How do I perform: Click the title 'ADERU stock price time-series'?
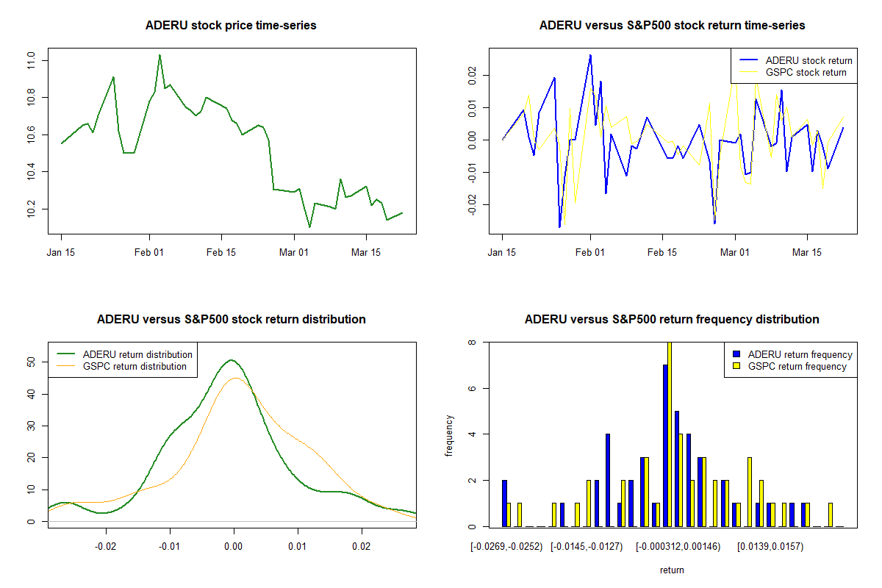click(x=231, y=26)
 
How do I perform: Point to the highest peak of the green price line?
click(x=159, y=55)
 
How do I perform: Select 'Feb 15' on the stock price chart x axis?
click(x=221, y=252)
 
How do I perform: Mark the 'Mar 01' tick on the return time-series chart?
click(x=735, y=252)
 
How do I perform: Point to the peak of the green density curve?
click(x=232, y=360)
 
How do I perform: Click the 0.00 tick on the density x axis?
click(x=234, y=546)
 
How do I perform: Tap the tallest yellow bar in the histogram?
click(x=670, y=434)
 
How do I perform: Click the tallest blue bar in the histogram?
click(x=664, y=445)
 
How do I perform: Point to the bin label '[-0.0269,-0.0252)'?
click(x=507, y=546)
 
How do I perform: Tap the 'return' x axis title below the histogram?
click(x=672, y=570)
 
